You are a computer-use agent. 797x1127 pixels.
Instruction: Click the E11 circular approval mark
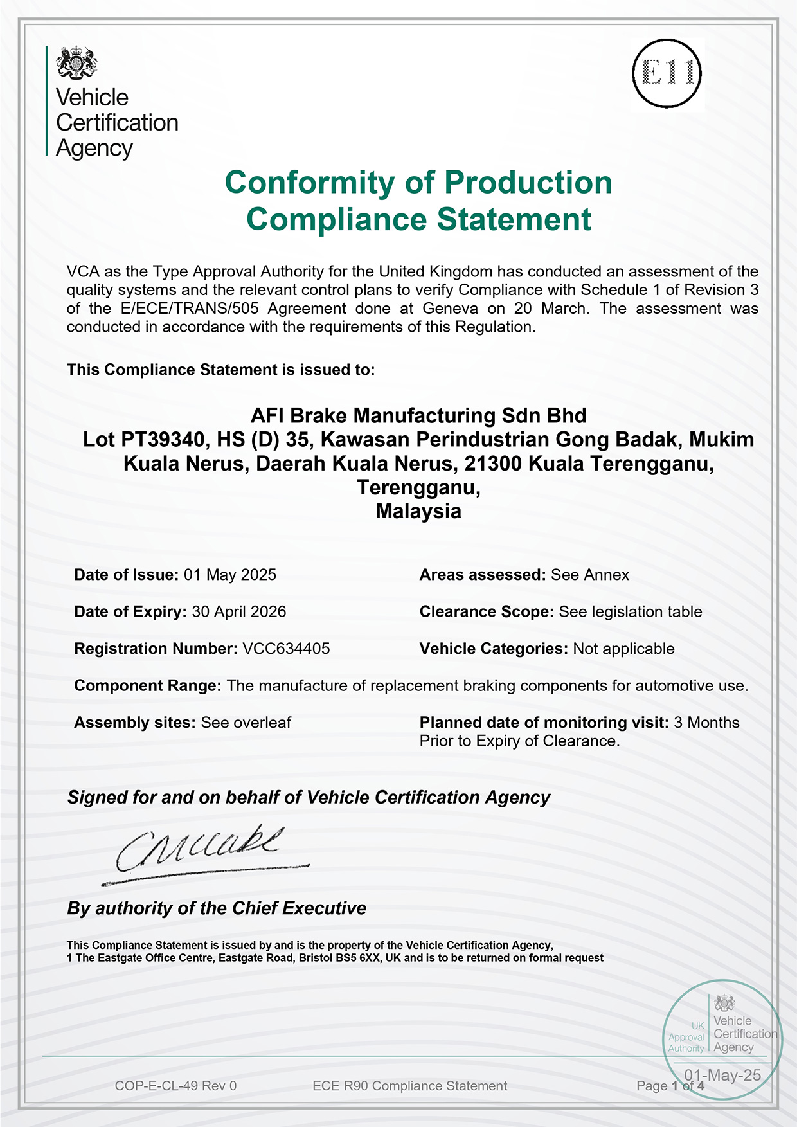pyautogui.click(x=667, y=73)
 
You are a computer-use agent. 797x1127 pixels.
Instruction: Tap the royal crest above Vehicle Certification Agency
pyautogui.click(x=76, y=62)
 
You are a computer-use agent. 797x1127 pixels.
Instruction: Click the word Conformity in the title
pyautogui.click(x=309, y=183)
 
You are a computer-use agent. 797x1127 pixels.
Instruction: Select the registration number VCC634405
pyautogui.click(x=286, y=649)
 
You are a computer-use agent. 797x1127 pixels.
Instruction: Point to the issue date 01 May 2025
pyautogui.click(x=230, y=575)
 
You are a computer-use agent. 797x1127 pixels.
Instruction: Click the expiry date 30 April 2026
pyautogui.click(x=239, y=611)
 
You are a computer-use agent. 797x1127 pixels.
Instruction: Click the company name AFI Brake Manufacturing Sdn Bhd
pyautogui.click(x=418, y=416)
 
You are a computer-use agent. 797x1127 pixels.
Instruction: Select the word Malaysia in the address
pyautogui.click(x=418, y=511)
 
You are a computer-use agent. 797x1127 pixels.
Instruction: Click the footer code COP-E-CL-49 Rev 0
pyautogui.click(x=175, y=1086)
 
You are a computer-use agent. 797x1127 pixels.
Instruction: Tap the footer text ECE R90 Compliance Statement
pyautogui.click(x=409, y=1086)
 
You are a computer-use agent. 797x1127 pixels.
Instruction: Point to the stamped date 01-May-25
pyautogui.click(x=722, y=1076)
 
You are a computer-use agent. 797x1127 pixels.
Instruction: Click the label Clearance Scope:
pyautogui.click(x=487, y=611)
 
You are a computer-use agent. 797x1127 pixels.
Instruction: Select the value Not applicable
pyautogui.click(x=623, y=649)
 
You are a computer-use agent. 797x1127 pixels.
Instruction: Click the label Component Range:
pyautogui.click(x=148, y=685)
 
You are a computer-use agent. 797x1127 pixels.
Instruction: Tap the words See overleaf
pyautogui.click(x=246, y=723)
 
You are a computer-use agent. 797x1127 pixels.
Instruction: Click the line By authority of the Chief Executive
pyautogui.click(x=217, y=908)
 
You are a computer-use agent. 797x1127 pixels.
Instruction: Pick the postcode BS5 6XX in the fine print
pyautogui.click(x=359, y=958)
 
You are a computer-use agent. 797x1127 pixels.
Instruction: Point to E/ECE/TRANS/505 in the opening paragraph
pyautogui.click(x=190, y=309)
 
